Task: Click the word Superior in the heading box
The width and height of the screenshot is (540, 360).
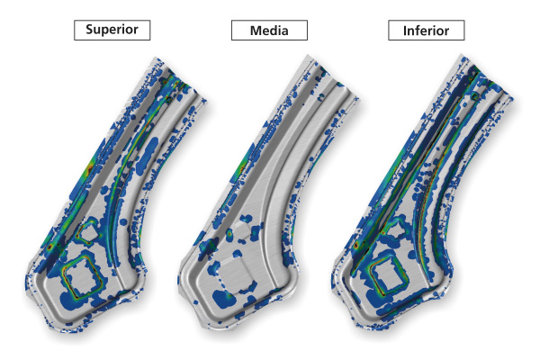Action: coord(112,30)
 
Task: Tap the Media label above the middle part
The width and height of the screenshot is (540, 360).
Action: coord(269,31)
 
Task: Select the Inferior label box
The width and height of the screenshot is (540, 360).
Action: coord(427,31)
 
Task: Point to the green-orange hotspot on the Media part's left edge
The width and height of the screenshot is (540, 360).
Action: coord(242,167)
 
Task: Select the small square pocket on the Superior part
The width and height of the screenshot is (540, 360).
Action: coord(87,232)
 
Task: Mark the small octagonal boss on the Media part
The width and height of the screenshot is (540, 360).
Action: coord(243,232)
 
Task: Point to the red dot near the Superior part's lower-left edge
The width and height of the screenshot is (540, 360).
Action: coord(49,247)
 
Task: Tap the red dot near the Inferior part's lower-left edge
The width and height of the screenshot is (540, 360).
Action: coord(356,246)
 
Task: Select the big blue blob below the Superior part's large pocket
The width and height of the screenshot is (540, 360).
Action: coord(73,301)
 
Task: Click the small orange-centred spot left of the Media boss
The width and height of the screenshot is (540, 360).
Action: coord(229,233)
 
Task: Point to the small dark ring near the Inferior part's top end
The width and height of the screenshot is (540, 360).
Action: coord(475,95)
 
